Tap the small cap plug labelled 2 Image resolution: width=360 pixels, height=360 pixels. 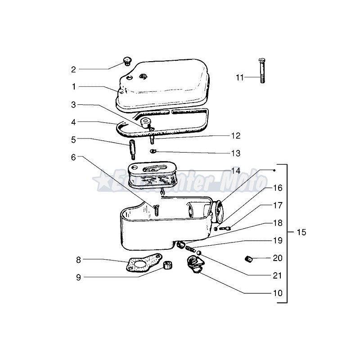click(126, 61)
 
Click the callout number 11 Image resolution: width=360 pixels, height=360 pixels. click(239, 77)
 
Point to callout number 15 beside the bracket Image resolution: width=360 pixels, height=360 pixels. click(301, 232)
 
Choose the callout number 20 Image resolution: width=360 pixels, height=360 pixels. click(277, 258)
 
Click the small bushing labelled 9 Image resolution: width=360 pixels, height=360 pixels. click(168, 265)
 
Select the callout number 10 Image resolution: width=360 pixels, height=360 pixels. click(278, 293)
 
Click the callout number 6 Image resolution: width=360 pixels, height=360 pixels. click(73, 157)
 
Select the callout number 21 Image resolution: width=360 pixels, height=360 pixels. click(277, 275)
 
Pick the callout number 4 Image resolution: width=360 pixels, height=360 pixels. click(73, 122)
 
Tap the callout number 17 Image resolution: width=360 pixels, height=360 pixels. click(277, 205)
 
